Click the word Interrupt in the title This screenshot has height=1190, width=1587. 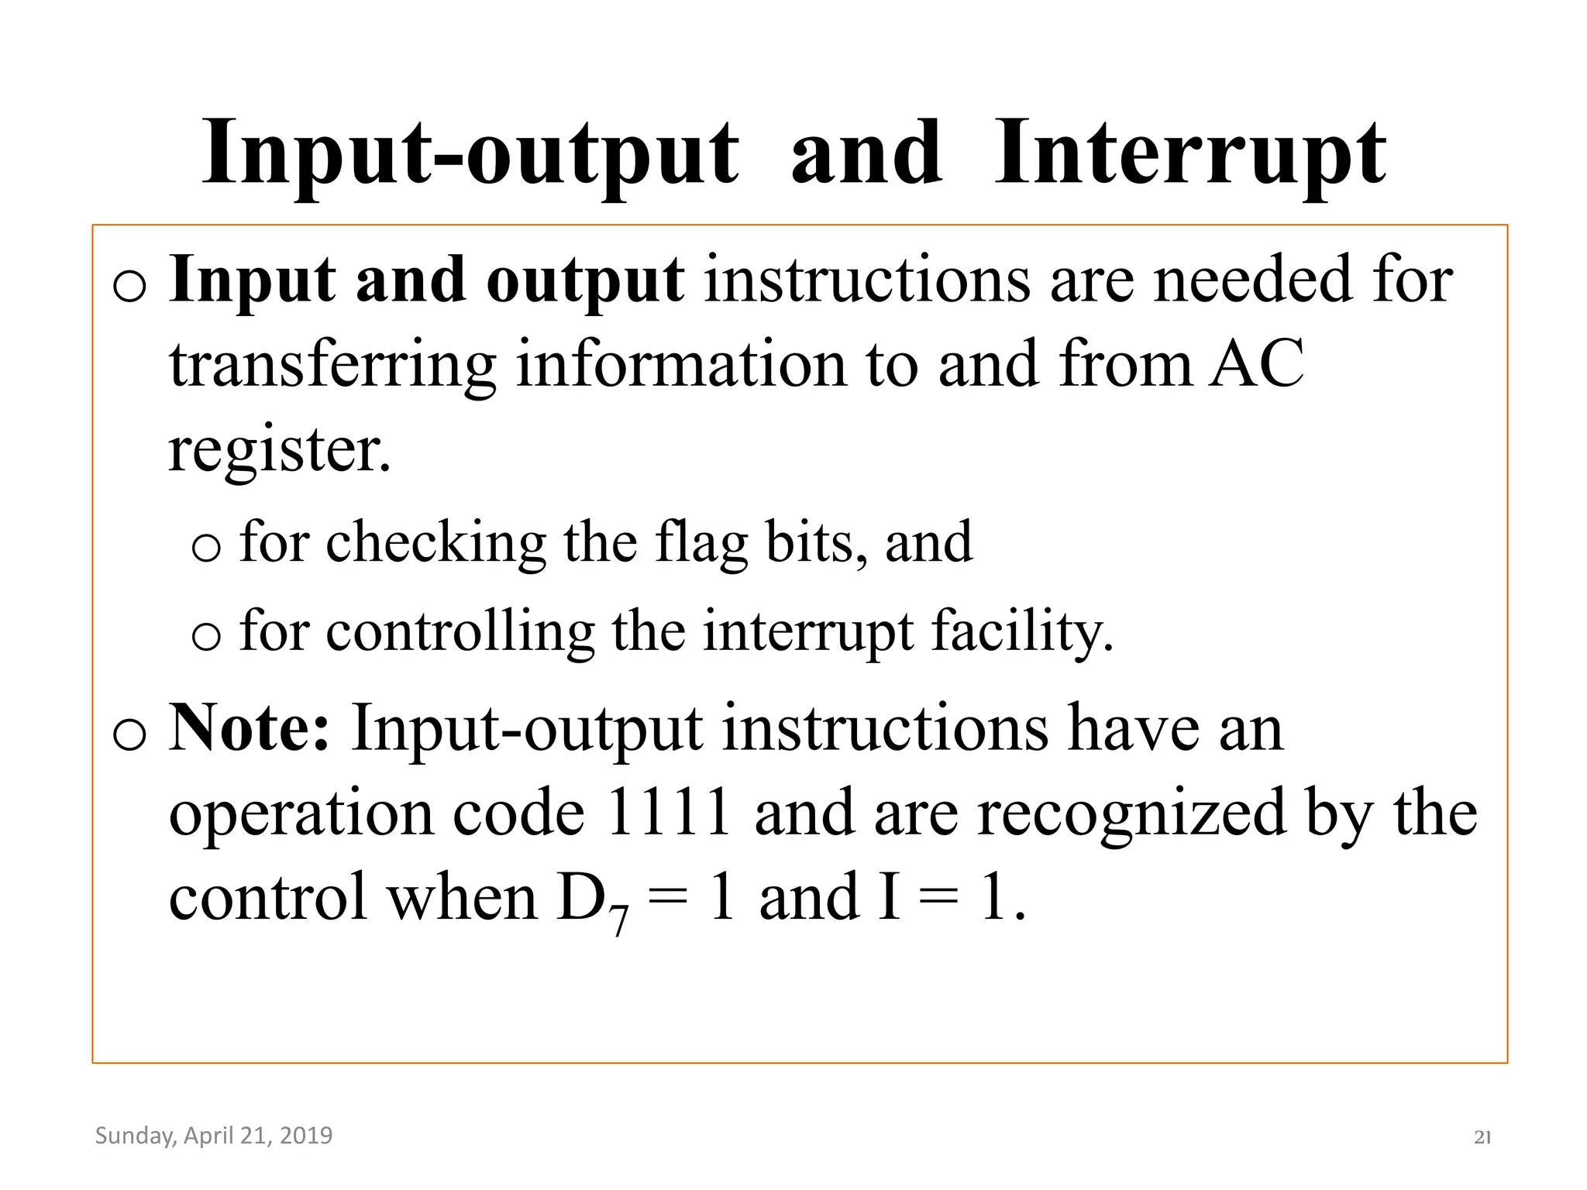click(1189, 155)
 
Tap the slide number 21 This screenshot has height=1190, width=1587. click(1482, 1137)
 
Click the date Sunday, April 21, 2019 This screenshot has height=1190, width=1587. click(214, 1136)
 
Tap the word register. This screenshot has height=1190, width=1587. click(279, 451)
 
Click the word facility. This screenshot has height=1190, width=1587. click(1022, 631)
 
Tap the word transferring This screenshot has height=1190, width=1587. click(332, 366)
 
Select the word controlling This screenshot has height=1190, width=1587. click(460, 631)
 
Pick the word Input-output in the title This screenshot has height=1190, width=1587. click(470, 155)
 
